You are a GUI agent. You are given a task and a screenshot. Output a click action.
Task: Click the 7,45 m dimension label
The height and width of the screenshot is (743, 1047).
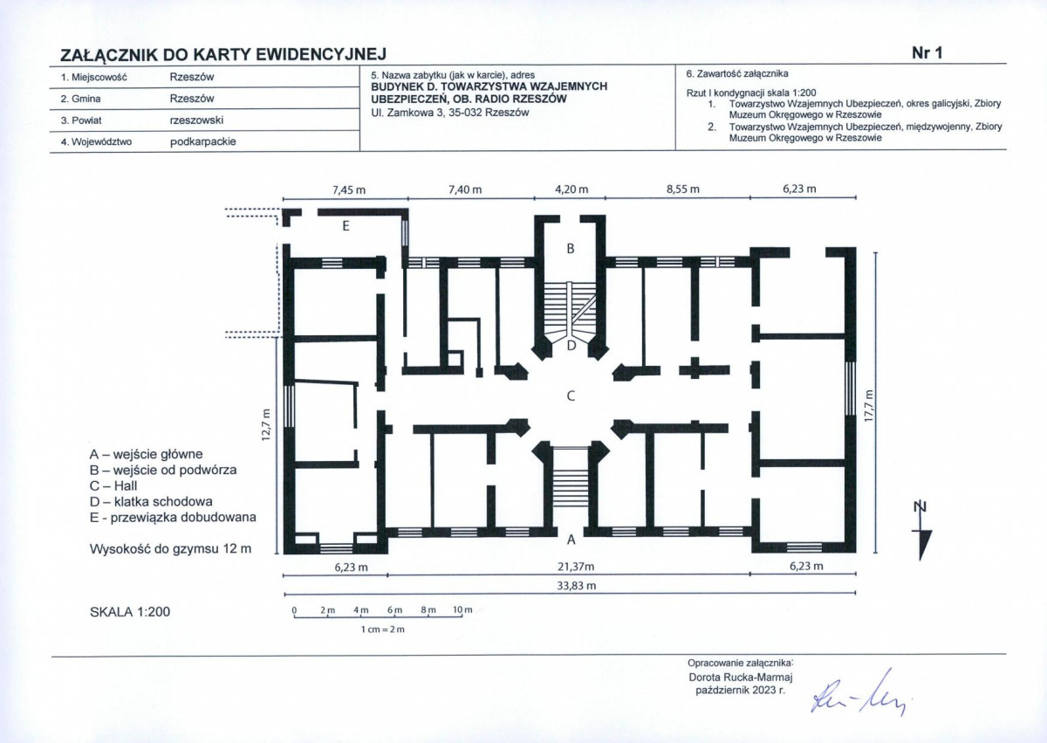[x=349, y=189]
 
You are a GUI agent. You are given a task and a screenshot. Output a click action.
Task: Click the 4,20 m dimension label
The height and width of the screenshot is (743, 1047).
[x=571, y=189]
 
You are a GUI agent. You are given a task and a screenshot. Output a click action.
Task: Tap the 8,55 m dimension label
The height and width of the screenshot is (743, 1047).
[x=683, y=189]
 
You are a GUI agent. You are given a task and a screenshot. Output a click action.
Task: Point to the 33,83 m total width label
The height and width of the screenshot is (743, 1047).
[x=577, y=586]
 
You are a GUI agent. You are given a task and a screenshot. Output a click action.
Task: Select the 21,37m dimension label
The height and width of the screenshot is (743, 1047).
[x=576, y=567]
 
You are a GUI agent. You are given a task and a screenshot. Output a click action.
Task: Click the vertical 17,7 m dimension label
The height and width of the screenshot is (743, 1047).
[x=868, y=406]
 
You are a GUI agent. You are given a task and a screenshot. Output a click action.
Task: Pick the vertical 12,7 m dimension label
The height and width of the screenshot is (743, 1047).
[x=266, y=425]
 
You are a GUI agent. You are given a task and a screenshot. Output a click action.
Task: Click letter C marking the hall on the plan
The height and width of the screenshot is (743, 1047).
[x=571, y=396]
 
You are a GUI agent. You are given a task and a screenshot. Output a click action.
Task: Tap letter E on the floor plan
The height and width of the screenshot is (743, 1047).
[x=346, y=226]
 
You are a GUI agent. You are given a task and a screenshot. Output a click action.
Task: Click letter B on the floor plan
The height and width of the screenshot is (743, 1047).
[x=571, y=249]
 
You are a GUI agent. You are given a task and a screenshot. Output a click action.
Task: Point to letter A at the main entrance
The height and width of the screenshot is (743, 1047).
[x=571, y=540]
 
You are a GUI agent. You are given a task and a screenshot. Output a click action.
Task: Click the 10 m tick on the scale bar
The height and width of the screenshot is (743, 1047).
[x=462, y=609]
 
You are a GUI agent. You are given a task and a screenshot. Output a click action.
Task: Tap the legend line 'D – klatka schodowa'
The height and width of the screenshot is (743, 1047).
[x=151, y=502]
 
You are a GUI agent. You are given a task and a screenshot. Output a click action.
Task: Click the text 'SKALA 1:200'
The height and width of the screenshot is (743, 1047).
[x=130, y=612]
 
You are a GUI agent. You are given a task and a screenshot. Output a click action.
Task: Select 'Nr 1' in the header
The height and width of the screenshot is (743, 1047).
[x=927, y=53]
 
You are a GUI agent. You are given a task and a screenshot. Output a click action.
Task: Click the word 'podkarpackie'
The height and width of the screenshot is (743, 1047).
[x=202, y=141]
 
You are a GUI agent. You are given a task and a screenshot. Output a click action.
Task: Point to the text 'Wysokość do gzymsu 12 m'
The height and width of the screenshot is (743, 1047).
[x=171, y=549]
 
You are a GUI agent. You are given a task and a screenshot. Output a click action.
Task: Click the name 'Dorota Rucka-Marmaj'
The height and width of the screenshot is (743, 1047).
[x=741, y=677]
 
